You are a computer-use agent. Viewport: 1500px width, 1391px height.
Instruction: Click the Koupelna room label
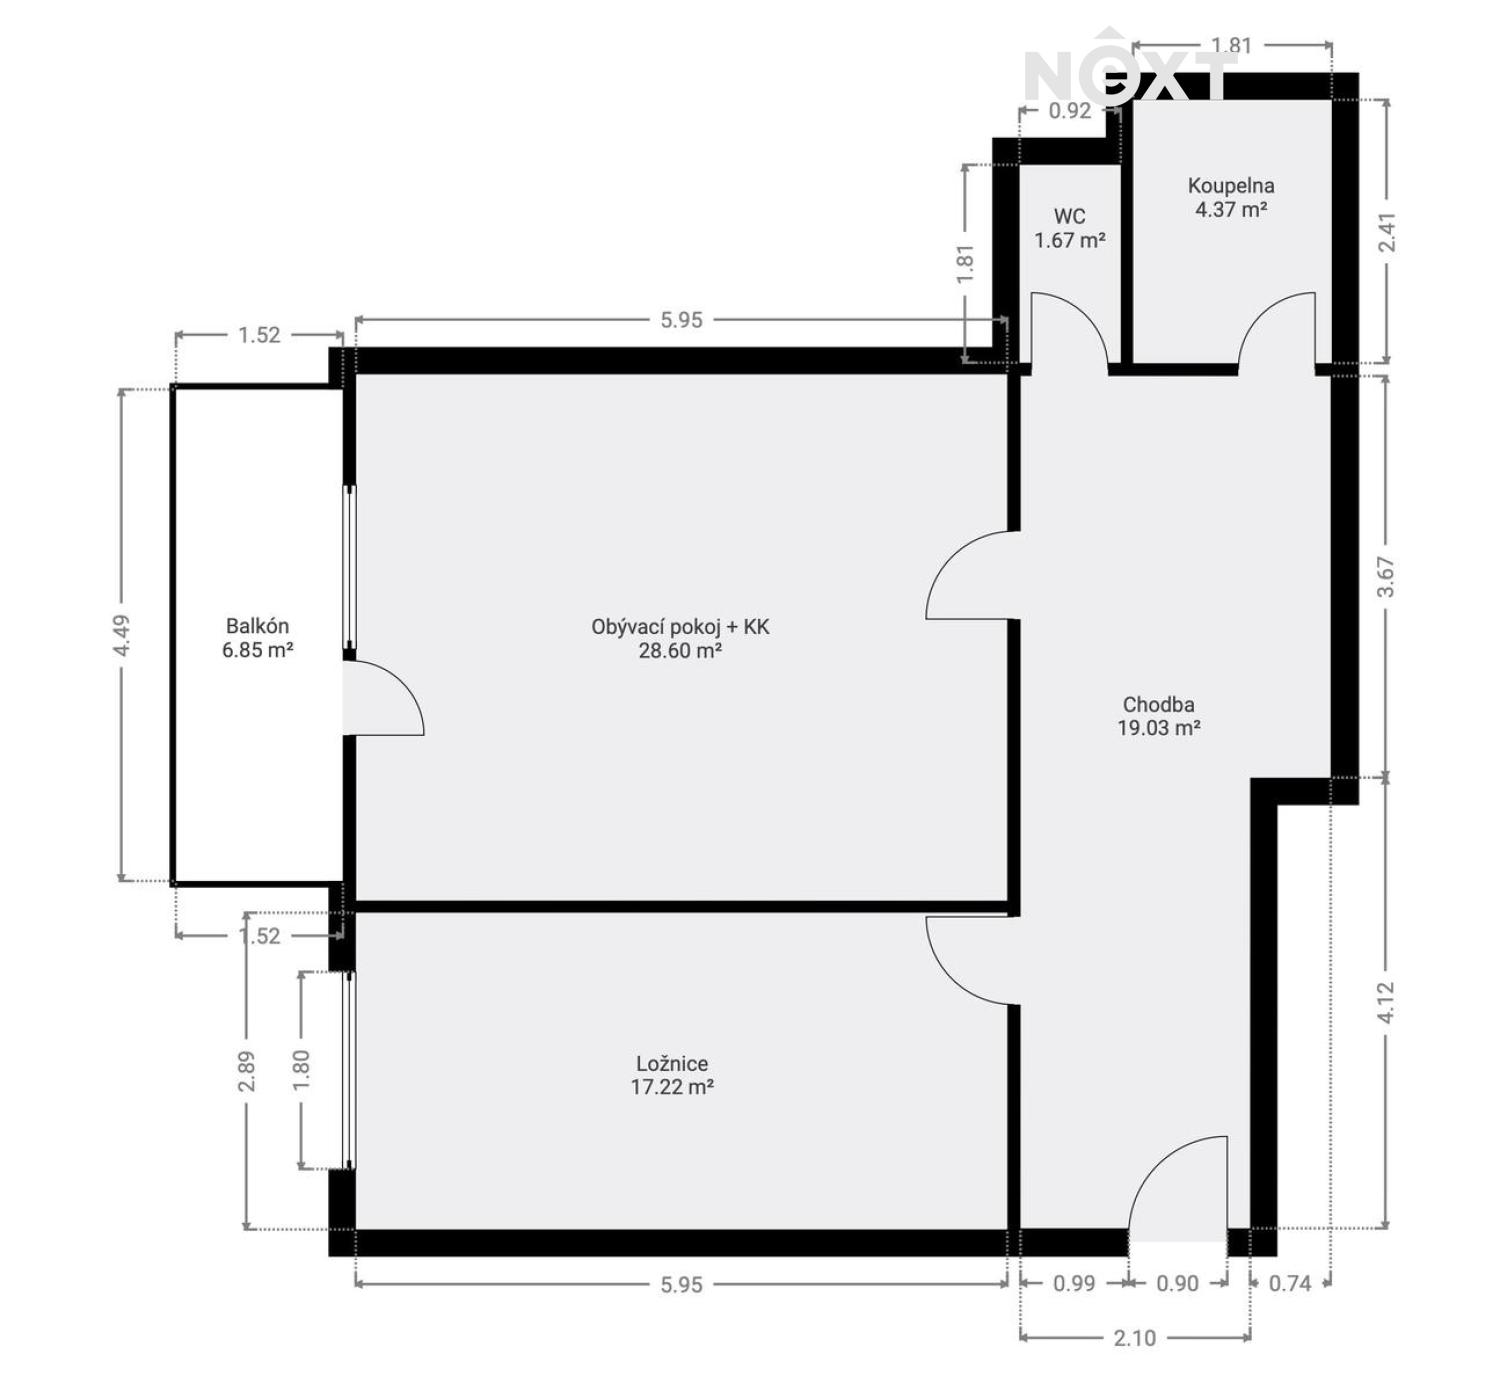tap(1231, 186)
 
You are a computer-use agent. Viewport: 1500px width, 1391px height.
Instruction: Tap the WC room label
tap(1069, 216)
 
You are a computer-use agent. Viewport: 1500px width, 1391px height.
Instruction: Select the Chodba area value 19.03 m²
tap(1158, 728)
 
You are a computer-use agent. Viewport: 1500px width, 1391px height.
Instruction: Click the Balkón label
tap(257, 626)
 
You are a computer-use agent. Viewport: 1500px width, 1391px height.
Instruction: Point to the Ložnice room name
tap(672, 1064)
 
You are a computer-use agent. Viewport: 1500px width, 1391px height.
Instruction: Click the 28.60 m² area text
tap(680, 651)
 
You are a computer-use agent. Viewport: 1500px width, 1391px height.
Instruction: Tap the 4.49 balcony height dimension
tap(121, 635)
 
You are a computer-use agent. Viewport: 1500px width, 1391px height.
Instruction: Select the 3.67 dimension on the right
tap(1385, 577)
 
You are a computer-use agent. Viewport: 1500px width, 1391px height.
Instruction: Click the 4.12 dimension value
tap(1385, 1002)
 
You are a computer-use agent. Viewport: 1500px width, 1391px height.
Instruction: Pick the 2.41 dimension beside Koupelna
tap(1385, 232)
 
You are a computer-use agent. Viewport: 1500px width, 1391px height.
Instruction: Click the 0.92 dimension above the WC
tap(1069, 111)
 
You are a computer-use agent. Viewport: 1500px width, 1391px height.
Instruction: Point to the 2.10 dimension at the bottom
tap(1134, 1338)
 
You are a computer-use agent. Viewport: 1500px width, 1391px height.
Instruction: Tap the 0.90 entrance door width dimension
tap(1177, 1284)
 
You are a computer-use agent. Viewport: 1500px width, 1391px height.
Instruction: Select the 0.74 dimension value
tap(1290, 1284)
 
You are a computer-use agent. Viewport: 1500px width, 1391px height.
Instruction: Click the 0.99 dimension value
tap(1074, 1284)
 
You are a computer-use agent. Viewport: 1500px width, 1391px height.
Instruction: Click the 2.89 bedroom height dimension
tap(247, 1070)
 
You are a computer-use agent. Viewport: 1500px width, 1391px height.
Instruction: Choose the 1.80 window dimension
tap(301, 1069)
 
